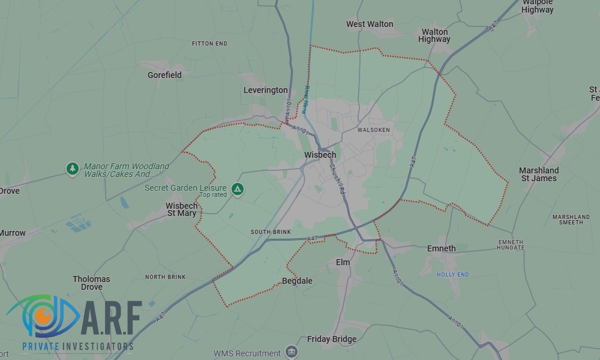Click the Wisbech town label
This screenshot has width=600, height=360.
tap(320, 155)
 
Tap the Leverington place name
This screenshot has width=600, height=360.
tap(265, 90)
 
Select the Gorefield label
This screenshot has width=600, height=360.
tap(164, 75)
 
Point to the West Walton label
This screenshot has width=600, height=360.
tap(370, 24)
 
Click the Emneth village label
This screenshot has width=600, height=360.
tap(441, 248)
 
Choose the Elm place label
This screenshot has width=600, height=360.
tap(343, 262)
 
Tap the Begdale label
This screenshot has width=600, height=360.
tap(297, 281)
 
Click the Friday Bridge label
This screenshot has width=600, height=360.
tap(332, 339)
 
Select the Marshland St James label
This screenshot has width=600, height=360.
tap(539, 174)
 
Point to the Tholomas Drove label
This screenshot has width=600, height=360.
tap(91, 283)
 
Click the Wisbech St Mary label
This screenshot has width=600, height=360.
tap(181, 209)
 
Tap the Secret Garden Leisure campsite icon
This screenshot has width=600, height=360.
tap(238, 189)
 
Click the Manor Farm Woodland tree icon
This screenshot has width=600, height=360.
tap(73, 169)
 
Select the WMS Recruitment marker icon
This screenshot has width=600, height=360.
tap(292, 352)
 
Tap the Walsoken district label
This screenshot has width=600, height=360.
tap(373, 130)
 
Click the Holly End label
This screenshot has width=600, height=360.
tap(452, 275)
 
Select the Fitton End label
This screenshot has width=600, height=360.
tap(209, 44)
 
